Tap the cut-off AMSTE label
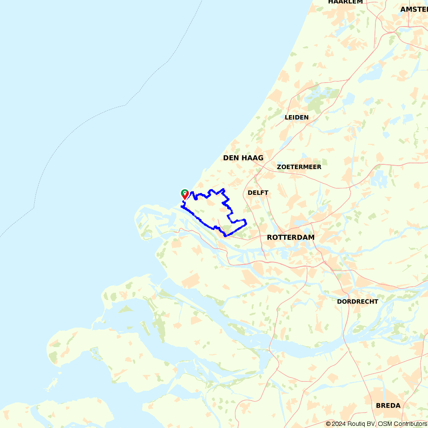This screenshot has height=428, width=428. pos(414,9)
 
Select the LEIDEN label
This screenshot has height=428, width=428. pos(297,117)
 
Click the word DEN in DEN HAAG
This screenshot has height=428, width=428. pos(231,158)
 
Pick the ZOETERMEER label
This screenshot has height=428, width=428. pos(299,167)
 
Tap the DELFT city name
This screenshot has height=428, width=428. pos(258,193)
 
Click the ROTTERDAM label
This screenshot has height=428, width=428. pos(291,237)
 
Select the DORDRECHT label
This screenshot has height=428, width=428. pos(357,301)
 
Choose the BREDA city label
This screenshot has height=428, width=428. pos(388,405)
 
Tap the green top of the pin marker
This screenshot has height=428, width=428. pos(184,192)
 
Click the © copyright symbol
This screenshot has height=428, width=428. pos(328,424)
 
